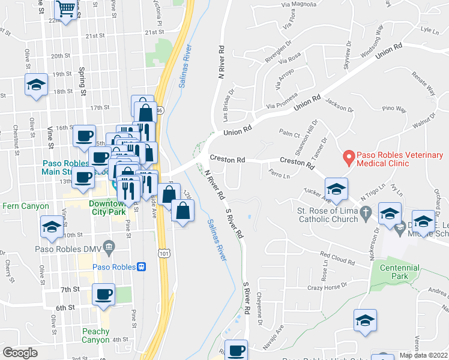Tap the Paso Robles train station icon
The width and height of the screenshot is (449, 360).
click(142, 266)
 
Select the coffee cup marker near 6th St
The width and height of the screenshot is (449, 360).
click(104, 295)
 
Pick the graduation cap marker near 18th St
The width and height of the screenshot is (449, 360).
click(37, 85)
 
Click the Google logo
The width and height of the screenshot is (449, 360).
click(20, 352)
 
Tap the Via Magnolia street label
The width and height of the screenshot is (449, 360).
click(298, 5)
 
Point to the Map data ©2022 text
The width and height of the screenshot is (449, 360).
click(423, 355)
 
